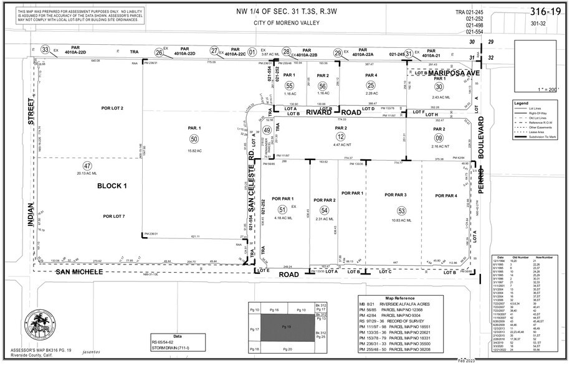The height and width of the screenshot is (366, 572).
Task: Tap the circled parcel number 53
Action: (x=401, y=212)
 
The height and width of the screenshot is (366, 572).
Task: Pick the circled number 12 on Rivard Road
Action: (x=340, y=136)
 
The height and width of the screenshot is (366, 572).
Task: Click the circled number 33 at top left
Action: (x=45, y=50)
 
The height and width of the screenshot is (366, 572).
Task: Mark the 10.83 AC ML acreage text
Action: (x=401, y=221)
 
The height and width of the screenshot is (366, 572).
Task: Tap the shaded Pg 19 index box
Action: (x=287, y=326)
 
